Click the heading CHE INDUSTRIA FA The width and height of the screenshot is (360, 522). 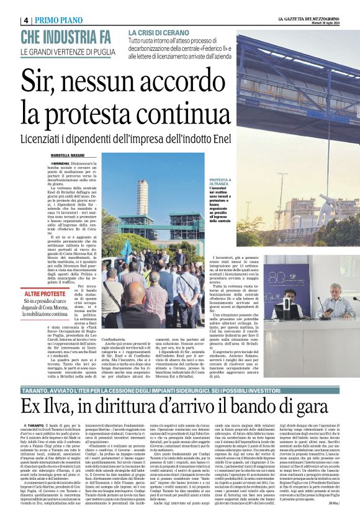66,35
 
